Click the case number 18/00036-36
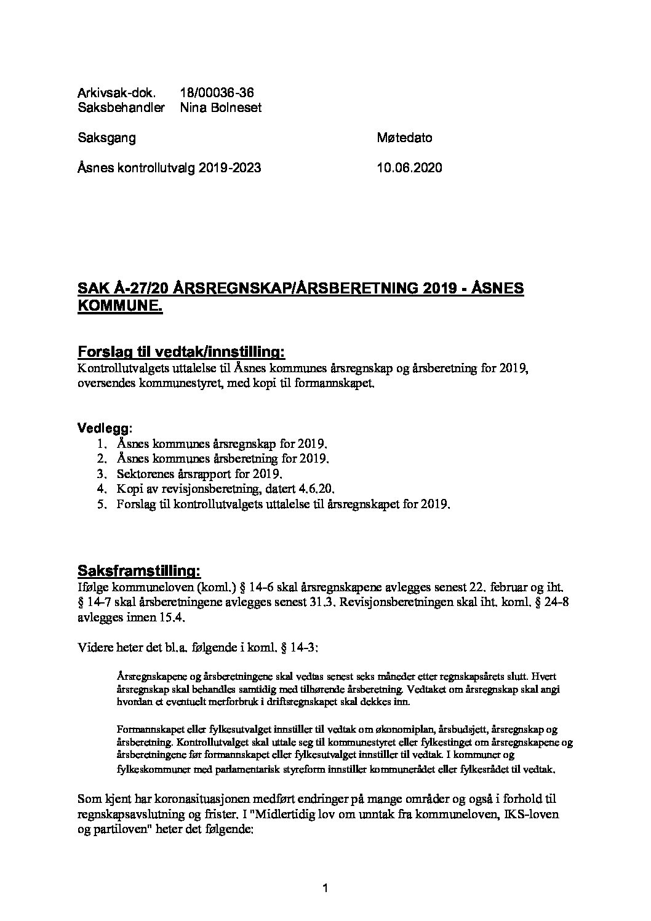pyautogui.click(x=217, y=93)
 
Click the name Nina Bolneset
pyautogui.click(x=221, y=108)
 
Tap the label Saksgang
pyautogui.click(x=106, y=138)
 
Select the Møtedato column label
pyautogui.click(x=404, y=138)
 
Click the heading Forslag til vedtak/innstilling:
pyautogui.click(x=181, y=352)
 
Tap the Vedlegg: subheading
pyautogui.click(x=105, y=427)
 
